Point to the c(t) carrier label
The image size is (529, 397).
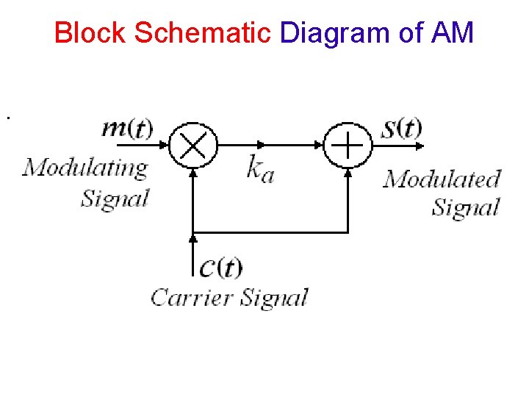point(221,268)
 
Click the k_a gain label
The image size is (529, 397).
point(260,169)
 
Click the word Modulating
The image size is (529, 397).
point(85,168)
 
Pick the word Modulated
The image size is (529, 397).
point(442,179)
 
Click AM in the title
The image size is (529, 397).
point(453,33)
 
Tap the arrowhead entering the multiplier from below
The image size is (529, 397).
point(193,172)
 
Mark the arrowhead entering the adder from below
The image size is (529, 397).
point(348,172)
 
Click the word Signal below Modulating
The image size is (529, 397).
point(115,198)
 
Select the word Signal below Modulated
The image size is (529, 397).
point(466,207)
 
